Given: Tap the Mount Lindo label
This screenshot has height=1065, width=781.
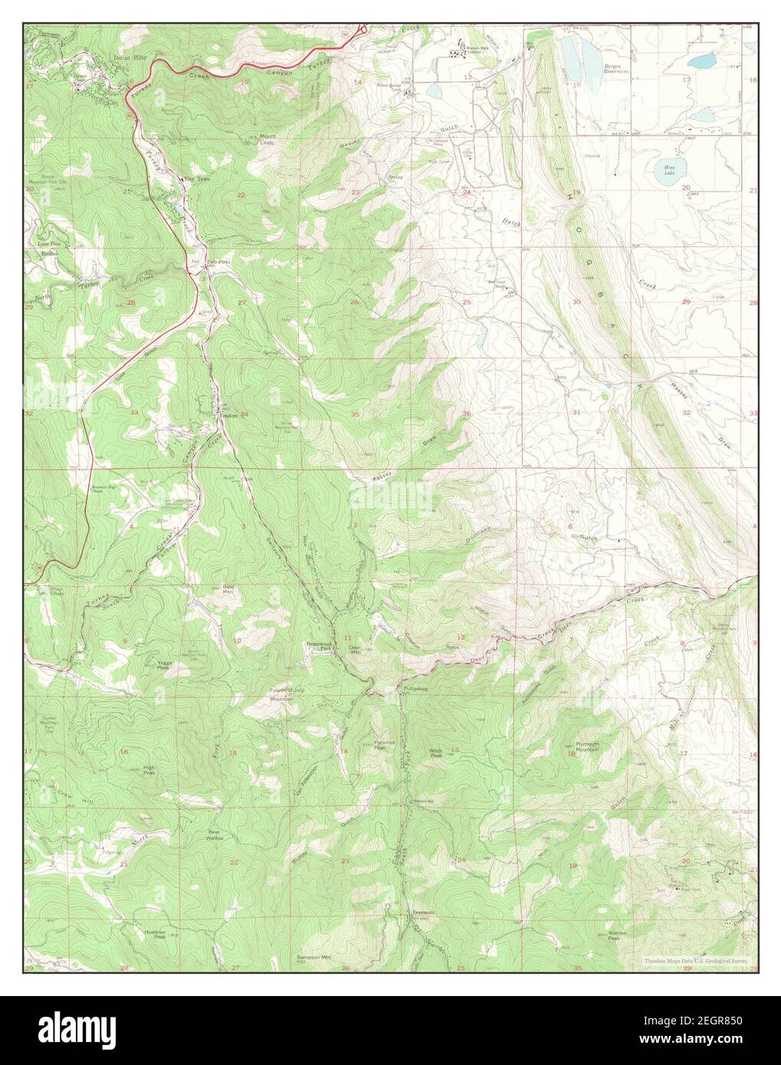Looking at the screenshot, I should point(267,139).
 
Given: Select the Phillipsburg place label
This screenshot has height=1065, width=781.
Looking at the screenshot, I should point(414,688).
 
